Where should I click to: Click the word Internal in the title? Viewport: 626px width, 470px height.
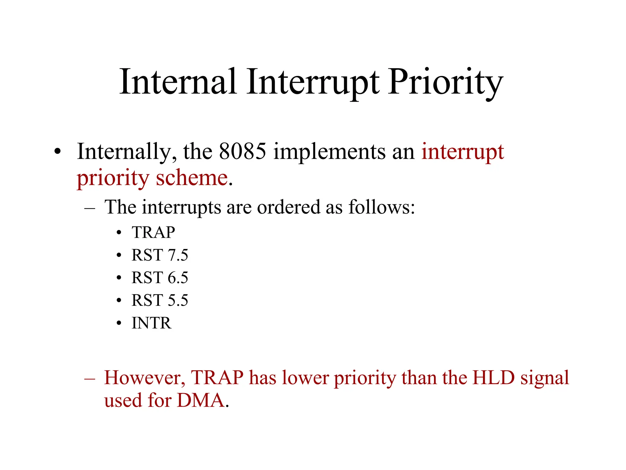(x=178, y=82)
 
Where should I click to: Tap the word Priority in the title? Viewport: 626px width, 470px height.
(x=445, y=82)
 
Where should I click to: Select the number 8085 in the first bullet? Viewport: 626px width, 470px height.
(x=242, y=151)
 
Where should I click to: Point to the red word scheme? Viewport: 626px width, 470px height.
(x=192, y=178)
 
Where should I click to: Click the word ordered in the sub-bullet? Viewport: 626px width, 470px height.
(x=289, y=207)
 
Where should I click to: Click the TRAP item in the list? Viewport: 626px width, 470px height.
(x=153, y=233)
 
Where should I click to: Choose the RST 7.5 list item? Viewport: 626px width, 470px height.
(x=160, y=255)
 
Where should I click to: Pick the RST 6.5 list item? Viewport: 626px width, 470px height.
(x=160, y=278)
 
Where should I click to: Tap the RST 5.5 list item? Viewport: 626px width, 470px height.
(x=160, y=300)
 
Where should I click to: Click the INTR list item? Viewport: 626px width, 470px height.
(x=151, y=323)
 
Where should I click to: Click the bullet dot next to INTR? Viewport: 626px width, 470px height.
(x=119, y=323)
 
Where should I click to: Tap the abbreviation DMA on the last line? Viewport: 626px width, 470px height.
(x=201, y=400)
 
